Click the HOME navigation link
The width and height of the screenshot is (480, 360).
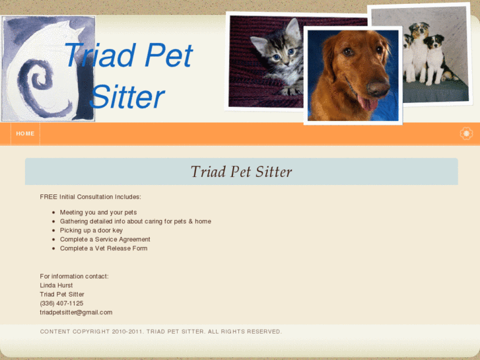pos(25,133)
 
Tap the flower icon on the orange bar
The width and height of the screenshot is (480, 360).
pos(466,133)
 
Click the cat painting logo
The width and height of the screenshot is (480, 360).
pos(48,69)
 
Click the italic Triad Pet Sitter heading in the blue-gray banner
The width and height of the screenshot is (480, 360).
pos(241,172)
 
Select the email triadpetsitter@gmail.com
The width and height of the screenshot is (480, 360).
pos(76,312)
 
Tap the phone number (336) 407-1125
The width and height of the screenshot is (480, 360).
pos(61,303)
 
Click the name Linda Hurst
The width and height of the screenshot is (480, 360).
pos(56,285)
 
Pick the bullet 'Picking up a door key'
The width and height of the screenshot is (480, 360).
pos(91,231)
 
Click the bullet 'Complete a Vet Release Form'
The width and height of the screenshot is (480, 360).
pos(104,248)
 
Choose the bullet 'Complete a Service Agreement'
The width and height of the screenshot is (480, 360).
pos(105,239)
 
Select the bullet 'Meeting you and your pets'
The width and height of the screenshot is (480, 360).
pos(98,212)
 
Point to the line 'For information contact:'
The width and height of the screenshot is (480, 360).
pos(74,276)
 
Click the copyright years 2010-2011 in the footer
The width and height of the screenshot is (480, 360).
pos(127,332)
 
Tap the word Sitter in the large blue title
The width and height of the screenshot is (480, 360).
pos(126,97)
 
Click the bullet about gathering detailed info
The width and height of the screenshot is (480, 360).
pos(135,221)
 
